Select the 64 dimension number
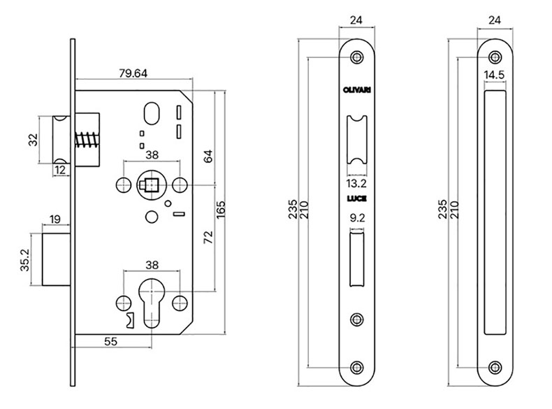pyautogui.click(x=208, y=157)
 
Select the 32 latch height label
pyautogui.click(x=31, y=141)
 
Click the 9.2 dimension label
pyautogui.click(x=356, y=217)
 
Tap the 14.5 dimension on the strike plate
pyautogui.click(x=496, y=74)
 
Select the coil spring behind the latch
pyautogui.click(x=86, y=139)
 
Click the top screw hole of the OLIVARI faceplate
pyautogui.click(x=357, y=57)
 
